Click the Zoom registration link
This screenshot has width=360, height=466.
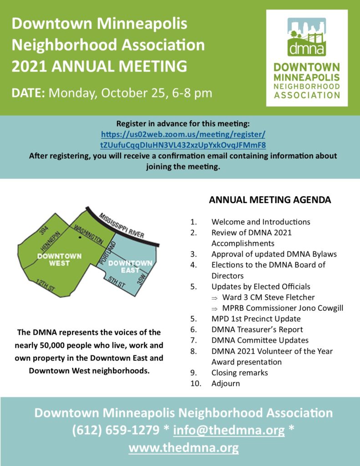click(x=183, y=139)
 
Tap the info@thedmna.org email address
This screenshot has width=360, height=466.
click(x=229, y=430)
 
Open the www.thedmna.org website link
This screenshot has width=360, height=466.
click(x=183, y=448)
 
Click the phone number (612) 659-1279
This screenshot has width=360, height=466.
click(x=116, y=430)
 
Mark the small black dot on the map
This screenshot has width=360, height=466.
click(x=80, y=237)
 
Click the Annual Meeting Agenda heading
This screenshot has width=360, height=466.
click(x=270, y=200)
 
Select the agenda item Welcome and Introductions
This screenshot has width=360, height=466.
click(x=261, y=222)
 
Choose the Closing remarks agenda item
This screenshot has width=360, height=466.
click(x=239, y=373)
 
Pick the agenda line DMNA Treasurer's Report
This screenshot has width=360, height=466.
click(x=257, y=329)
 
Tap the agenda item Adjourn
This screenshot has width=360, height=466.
click(x=225, y=384)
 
